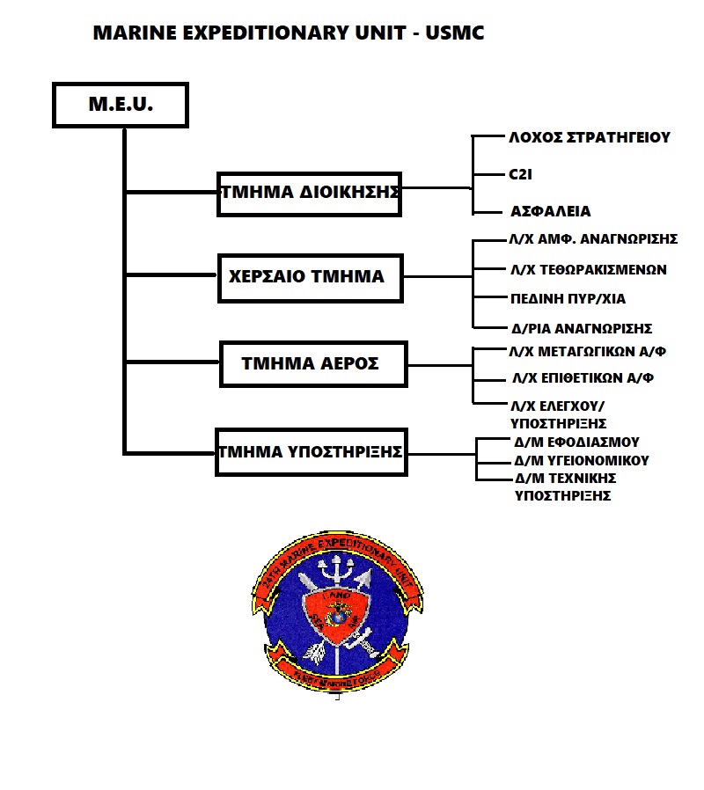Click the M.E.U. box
(x=121, y=105)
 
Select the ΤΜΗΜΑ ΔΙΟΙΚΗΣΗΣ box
(x=309, y=193)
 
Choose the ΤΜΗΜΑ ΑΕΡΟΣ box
(x=312, y=362)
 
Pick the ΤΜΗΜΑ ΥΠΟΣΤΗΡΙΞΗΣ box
(x=311, y=452)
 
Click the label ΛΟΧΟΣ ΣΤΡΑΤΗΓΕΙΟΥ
(x=590, y=137)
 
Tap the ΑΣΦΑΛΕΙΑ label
(x=551, y=212)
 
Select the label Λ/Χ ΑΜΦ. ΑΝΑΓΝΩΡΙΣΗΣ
(x=594, y=238)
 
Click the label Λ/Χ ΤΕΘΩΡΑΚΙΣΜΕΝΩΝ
(x=589, y=269)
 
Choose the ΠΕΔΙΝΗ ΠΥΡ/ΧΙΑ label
(x=568, y=299)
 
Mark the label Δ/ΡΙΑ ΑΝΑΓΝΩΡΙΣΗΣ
(x=582, y=329)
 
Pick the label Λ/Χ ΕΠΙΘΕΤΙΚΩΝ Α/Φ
(x=583, y=378)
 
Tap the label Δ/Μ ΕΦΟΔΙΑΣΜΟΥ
(x=576, y=442)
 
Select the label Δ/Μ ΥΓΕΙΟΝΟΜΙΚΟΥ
(x=582, y=460)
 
